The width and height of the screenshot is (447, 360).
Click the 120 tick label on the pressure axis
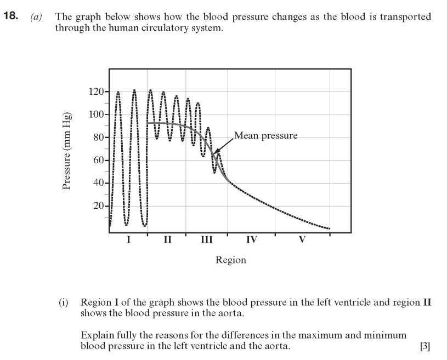pyautogui.click(x=95, y=92)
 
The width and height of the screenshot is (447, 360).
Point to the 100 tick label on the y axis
pyautogui.click(x=95, y=115)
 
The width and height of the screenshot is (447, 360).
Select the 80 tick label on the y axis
pyautogui.click(x=98, y=138)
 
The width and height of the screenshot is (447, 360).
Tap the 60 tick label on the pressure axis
pyautogui.click(x=98, y=160)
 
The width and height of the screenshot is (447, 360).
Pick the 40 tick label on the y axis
pyautogui.click(x=98, y=183)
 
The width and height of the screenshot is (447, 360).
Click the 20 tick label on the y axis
pyautogui.click(x=98, y=206)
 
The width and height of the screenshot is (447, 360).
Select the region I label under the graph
pyautogui.click(x=128, y=239)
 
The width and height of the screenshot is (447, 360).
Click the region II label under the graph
pyautogui.click(x=167, y=239)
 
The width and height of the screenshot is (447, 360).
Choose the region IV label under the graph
pyautogui.click(x=252, y=239)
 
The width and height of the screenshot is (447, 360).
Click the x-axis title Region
pyautogui.click(x=231, y=260)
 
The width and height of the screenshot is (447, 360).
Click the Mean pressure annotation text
pyautogui.click(x=265, y=135)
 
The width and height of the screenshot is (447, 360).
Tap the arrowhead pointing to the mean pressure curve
pyautogui.click(x=215, y=153)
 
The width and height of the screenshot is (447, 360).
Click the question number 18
pyautogui.click(x=11, y=16)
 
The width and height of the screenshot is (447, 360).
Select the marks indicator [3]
pyautogui.click(x=425, y=346)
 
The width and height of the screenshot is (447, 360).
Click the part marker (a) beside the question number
pyautogui.click(x=36, y=17)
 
